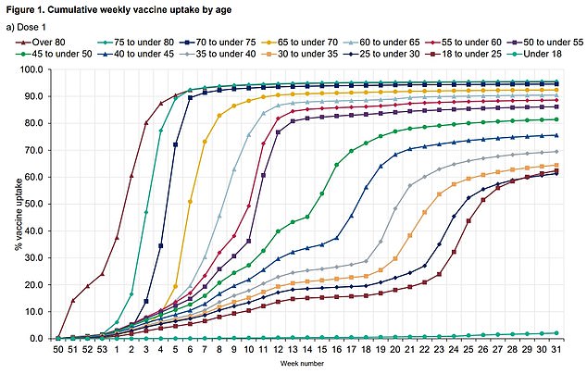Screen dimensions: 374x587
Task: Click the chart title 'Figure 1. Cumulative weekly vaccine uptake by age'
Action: coord(130,8)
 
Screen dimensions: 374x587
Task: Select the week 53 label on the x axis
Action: coord(102,350)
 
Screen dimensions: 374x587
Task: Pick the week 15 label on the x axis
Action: coord(322,350)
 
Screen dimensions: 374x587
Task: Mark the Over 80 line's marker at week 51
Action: coord(73,301)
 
